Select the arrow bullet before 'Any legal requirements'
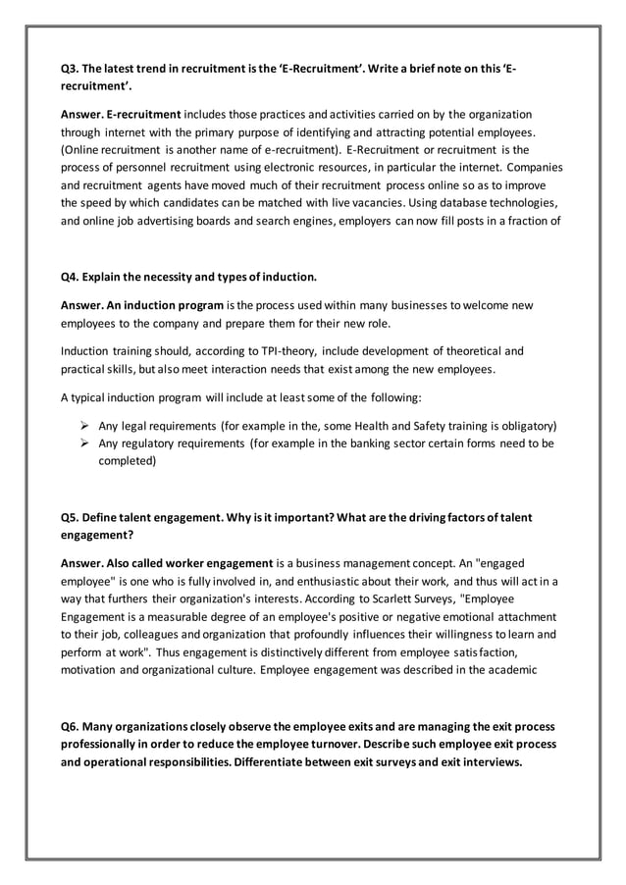tap(85, 426)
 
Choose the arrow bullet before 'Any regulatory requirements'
tap(85, 443)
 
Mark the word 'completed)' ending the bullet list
tap(127, 461)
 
